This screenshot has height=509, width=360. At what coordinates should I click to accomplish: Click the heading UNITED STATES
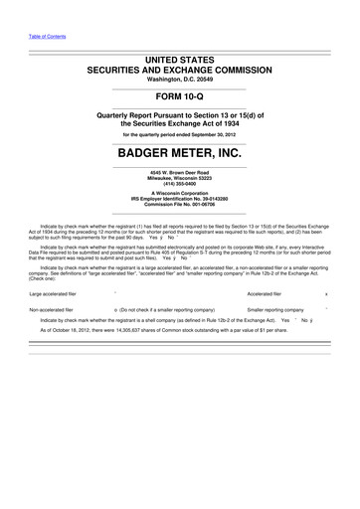coord(179,62)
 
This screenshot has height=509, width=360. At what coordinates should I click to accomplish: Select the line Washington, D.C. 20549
coord(179,80)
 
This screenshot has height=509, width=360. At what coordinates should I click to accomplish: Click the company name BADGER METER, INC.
coord(179,154)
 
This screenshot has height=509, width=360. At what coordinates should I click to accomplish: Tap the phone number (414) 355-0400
coord(179,188)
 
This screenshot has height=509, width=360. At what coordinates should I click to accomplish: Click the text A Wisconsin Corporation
coord(179,198)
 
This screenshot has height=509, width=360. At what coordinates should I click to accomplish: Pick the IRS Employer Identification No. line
coord(179,204)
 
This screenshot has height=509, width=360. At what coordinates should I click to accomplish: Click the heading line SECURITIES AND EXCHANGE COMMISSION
coord(179,72)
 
